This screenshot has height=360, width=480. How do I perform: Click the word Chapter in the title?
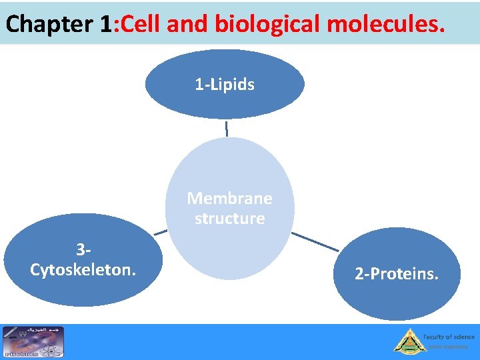coord(49,25)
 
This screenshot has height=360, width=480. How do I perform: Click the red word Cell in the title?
coord(139,25)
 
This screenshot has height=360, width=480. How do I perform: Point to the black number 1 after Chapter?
coord(105,25)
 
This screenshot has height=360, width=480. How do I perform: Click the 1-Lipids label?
coord(225,85)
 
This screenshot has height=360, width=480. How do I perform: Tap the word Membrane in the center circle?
coord(229,198)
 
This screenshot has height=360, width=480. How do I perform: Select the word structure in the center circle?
coord(229,219)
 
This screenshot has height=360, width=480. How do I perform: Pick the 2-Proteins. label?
coord(397,274)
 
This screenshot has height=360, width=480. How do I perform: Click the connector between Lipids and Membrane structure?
coord(227,128)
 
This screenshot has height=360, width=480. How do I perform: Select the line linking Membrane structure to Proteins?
coord(315,241)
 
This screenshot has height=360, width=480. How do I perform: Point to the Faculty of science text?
coord(449,337)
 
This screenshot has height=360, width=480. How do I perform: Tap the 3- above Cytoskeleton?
coord(83,251)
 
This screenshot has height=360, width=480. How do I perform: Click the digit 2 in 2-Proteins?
coord(359,274)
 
